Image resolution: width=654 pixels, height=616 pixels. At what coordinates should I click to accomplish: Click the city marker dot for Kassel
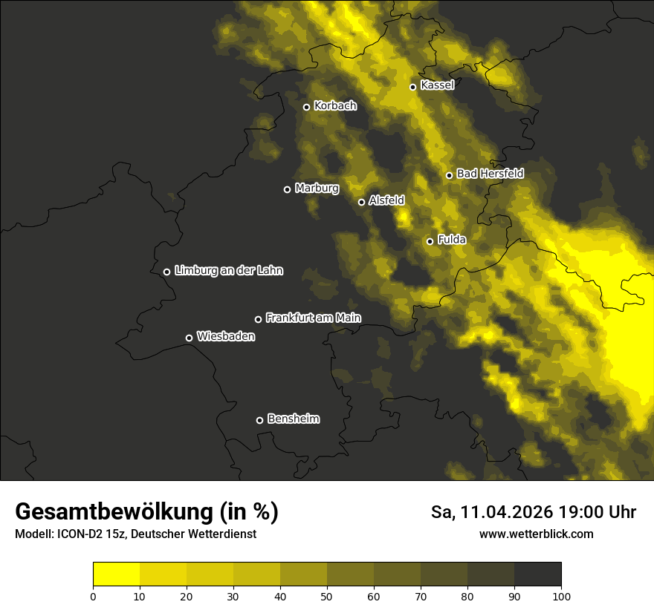[412, 87]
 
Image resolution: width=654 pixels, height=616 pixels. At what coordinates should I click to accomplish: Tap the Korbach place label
[335, 106]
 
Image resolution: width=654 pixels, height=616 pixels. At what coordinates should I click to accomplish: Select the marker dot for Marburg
[287, 189]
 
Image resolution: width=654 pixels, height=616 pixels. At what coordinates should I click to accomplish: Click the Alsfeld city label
[386, 200]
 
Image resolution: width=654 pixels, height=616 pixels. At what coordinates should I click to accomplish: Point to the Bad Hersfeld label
[490, 174]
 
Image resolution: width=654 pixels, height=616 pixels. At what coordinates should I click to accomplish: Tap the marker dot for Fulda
[430, 241]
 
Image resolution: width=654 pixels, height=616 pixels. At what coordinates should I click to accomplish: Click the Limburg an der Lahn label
[229, 271]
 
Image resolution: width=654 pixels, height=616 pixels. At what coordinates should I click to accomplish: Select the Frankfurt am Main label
[313, 318]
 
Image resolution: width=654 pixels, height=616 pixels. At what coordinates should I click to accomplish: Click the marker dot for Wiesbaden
[189, 338]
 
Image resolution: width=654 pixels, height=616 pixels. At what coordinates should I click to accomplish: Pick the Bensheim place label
[293, 419]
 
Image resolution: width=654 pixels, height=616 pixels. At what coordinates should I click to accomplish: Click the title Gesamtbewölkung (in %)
[146, 512]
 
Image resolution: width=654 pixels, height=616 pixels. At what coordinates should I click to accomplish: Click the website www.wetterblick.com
[536, 534]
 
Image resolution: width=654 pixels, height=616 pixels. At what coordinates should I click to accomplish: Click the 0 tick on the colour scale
[93, 596]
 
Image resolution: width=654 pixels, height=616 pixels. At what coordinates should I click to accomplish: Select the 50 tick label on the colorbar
[327, 596]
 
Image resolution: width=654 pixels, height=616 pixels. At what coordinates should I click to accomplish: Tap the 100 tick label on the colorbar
[561, 596]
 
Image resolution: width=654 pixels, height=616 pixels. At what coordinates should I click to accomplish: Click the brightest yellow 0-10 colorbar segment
[116, 574]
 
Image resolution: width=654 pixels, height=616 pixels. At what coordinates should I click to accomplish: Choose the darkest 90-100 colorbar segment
[537, 574]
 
